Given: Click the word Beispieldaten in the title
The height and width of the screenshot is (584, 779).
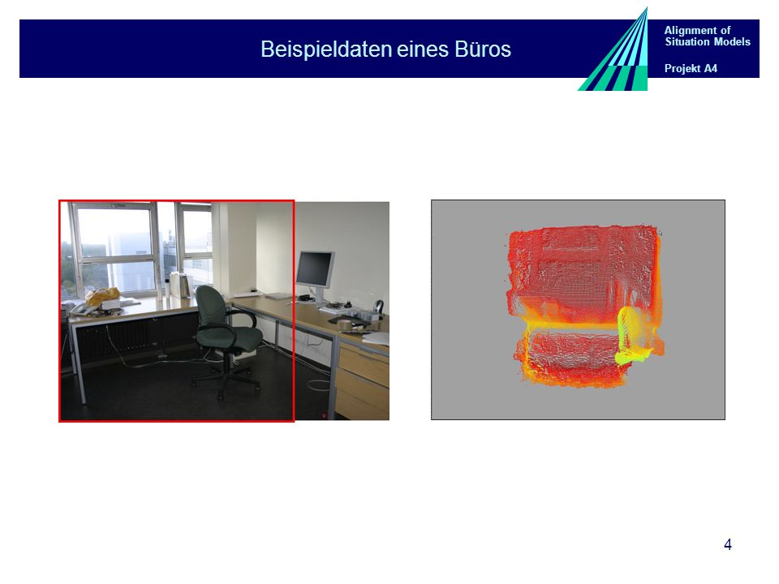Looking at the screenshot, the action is click(326, 49).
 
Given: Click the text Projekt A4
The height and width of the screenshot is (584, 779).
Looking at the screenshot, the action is click(691, 68).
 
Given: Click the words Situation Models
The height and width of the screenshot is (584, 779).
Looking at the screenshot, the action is click(708, 41).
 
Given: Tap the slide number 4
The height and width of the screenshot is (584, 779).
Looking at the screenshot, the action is click(728, 545).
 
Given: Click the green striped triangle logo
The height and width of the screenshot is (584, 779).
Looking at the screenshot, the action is click(621, 59).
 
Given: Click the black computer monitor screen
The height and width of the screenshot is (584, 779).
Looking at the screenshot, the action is click(315, 268).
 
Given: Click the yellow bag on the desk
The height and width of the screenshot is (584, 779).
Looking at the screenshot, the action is click(102, 296).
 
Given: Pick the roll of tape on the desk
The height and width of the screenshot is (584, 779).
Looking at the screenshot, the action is click(346, 324).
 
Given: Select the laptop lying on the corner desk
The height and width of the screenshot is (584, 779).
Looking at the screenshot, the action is click(279, 296).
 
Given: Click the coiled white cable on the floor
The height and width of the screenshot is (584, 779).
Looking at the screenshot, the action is click(318, 384).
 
